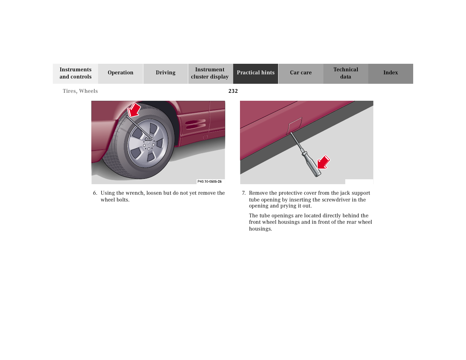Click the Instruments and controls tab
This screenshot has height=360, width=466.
(x=75, y=73)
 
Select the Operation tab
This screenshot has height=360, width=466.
(x=120, y=73)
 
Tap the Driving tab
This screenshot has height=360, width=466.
(x=165, y=73)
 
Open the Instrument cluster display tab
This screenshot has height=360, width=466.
(x=210, y=73)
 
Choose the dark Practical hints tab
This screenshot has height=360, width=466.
(x=255, y=73)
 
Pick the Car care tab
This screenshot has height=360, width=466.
(x=301, y=73)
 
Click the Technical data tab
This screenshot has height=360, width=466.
(x=346, y=73)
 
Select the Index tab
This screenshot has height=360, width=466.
(x=391, y=73)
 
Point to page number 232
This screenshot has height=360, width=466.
(x=233, y=91)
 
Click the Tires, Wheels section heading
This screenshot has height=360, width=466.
(x=80, y=91)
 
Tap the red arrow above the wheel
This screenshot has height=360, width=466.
(x=134, y=110)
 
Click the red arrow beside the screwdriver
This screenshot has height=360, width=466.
(x=323, y=162)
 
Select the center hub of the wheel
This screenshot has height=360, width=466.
(x=149, y=143)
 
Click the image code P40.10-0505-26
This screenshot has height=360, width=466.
(x=209, y=182)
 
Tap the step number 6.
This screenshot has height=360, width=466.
(x=95, y=193)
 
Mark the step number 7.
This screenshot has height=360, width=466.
(x=243, y=193)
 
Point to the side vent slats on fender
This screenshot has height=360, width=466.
(x=195, y=124)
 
